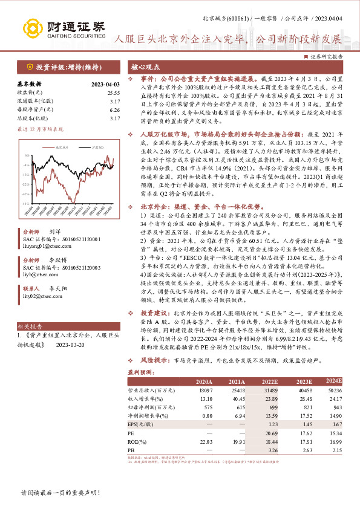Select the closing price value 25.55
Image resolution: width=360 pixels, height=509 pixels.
tap(113, 92)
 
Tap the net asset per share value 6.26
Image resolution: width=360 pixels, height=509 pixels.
tap(115, 110)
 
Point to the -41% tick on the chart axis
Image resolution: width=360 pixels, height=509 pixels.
tap(26, 204)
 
